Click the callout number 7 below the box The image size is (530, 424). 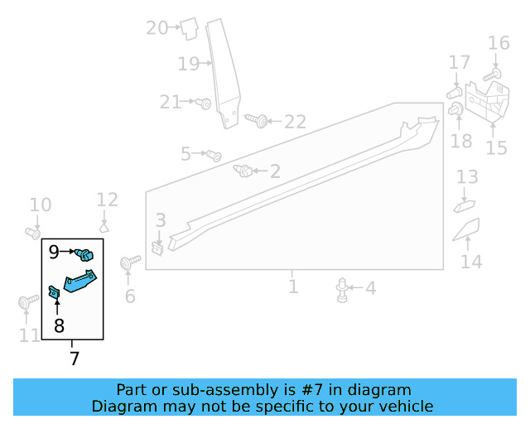75,358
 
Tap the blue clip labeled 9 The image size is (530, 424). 84,254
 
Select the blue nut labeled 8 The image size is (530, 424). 54,292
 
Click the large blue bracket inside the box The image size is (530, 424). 80,281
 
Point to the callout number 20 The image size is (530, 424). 157,27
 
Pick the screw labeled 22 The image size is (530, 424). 257,120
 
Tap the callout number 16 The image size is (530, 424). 499,43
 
